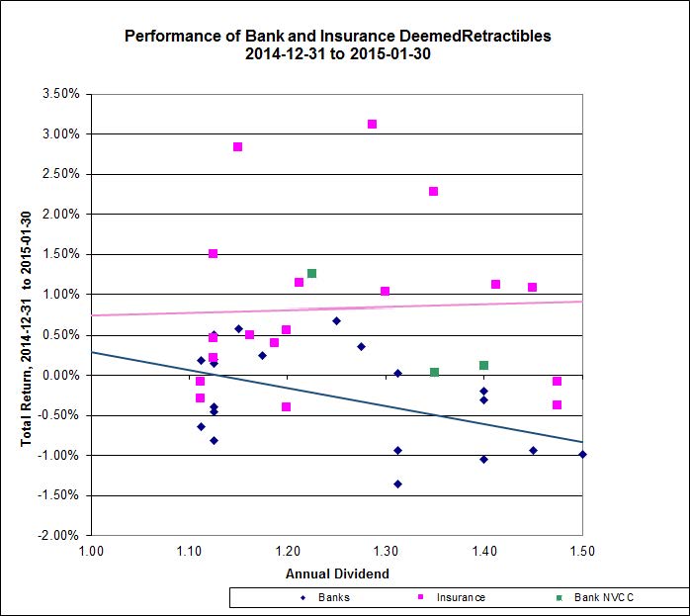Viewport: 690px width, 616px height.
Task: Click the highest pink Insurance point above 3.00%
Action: tap(372, 125)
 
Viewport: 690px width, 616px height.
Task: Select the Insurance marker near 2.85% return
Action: tap(237, 147)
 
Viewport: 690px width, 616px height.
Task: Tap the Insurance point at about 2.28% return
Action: tap(433, 192)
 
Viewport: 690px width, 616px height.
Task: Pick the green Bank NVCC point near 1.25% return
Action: tap(311, 274)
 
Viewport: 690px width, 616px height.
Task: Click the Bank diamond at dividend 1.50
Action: tap(582, 455)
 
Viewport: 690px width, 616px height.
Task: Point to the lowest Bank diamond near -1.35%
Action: tap(397, 484)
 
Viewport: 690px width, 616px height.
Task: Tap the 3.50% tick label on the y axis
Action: tap(61, 94)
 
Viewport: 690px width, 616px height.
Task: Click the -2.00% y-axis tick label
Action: tap(59, 535)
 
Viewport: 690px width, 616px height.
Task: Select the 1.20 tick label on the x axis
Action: tap(287, 551)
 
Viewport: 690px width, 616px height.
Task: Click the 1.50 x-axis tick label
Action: tap(582, 551)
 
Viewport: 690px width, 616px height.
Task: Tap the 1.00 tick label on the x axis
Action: tap(90, 551)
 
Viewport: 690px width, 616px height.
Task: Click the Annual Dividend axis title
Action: tap(336, 572)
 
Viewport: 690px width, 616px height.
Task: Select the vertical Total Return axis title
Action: tap(27, 314)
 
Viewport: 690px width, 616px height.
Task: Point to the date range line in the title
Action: tap(337, 54)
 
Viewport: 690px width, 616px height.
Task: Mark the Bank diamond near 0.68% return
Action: tap(336, 321)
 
